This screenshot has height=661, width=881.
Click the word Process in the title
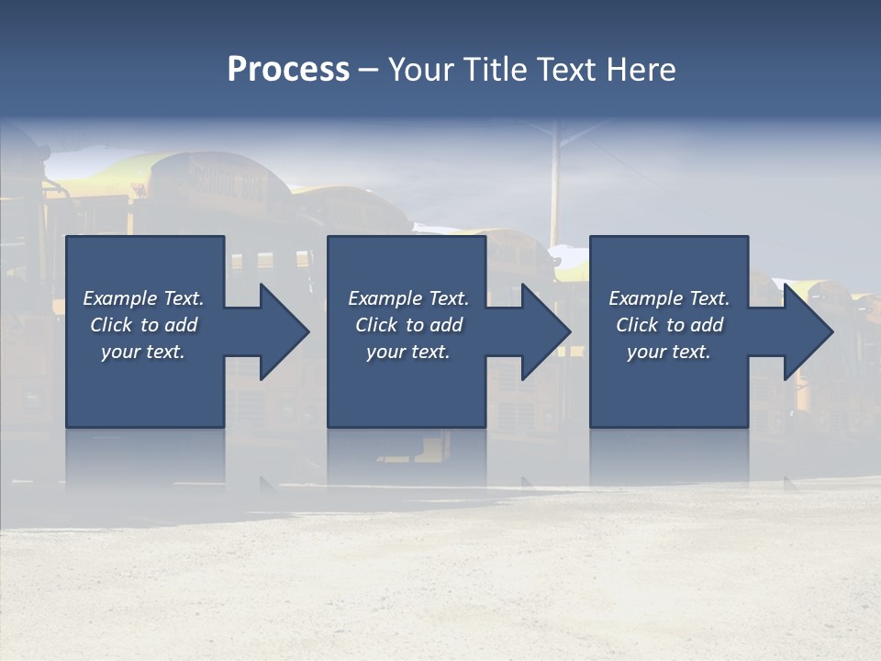288,70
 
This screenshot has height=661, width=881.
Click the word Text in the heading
569,70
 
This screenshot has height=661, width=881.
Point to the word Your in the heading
418,70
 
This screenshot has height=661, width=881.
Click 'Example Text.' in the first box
143,298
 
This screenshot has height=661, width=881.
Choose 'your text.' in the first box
143,352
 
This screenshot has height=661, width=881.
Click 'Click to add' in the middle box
408,325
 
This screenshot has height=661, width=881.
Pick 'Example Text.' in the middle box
408,298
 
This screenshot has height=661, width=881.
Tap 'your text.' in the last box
669,352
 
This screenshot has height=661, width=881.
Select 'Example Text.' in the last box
669,298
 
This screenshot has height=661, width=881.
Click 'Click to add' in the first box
143,325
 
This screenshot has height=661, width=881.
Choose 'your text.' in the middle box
408,352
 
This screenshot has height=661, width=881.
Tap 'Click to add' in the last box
669,325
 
